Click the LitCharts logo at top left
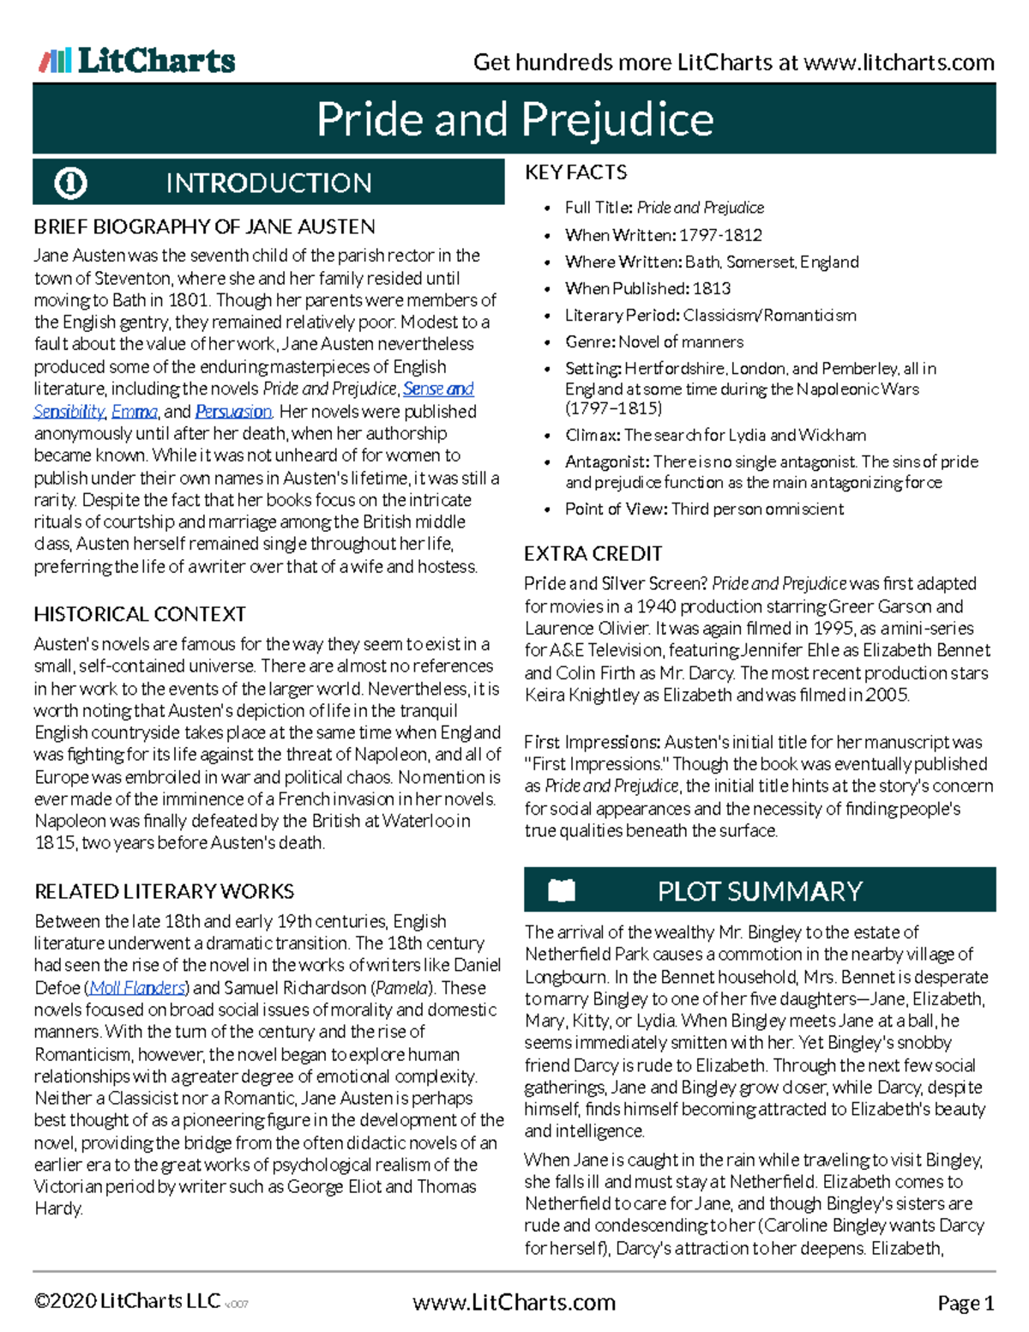(x=137, y=60)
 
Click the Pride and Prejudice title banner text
(x=514, y=119)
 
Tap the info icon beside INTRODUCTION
(x=70, y=183)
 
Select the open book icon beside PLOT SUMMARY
(x=562, y=891)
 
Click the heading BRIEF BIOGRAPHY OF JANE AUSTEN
(x=204, y=227)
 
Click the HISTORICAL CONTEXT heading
(x=140, y=614)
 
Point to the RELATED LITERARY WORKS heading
(x=164, y=891)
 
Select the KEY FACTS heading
(x=575, y=172)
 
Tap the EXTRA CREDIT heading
(x=593, y=553)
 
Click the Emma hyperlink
(x=134, y=412)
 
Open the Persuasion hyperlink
(x=233, y=412)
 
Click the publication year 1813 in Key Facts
(x=712, y=288)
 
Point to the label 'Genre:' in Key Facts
(x=590, y=341)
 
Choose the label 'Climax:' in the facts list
(x=593, y=435)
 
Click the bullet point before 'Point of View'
(x=548, y=509)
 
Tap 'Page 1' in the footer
(x=966, y=1304)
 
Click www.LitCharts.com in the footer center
(x=514, y=1303)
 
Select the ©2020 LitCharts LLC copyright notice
(x=127, y=1301)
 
